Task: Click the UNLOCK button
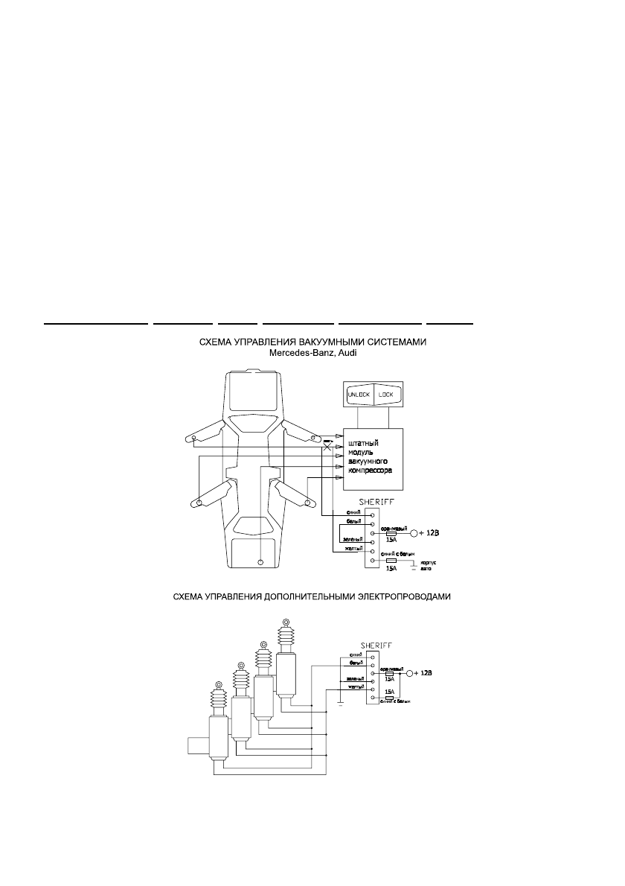(x=358, y=395)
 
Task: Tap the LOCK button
(x=387, y=395)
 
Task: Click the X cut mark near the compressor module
(x=327, y=447)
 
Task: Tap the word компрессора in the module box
(x=370, y=471)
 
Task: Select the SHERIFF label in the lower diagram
(x=376, y=646)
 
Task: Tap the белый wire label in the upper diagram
(x=355, y=522)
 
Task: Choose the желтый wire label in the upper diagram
(x=353, y=549)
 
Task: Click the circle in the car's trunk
(x=260, y=561)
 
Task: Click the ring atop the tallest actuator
(x=285, y=622)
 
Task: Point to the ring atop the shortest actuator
(x=218, y=684)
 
